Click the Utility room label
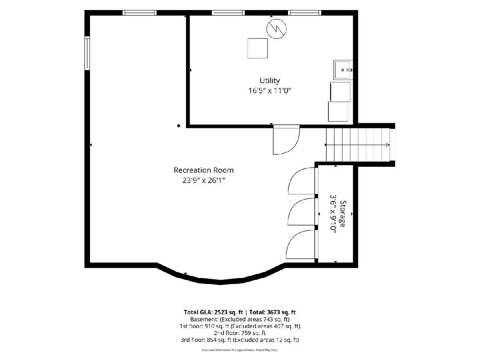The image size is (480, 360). coord(270,81)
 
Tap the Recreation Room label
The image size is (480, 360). coord(204,170)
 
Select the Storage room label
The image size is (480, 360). coord(342,214)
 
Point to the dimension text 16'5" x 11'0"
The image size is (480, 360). coord(270,90)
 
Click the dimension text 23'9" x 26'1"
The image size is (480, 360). coord(204,180)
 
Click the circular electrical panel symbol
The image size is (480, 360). coord(276,29)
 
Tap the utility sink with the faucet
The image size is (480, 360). coord(343,70)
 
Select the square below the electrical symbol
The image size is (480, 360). coord(258,48)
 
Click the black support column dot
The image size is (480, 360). coord(179,126)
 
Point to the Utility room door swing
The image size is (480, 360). coord(286,140)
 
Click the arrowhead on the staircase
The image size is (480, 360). coord(388,145)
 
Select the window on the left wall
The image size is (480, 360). coord(87,53)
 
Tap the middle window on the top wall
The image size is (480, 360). coord(228,13)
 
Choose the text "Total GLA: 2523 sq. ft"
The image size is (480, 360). coord(214,312)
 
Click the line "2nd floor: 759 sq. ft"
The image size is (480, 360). coord(240,333)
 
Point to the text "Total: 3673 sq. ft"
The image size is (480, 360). coord(272,312)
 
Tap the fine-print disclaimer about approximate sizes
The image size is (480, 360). coord(240,350)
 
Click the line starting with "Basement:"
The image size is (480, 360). coord(240,319)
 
